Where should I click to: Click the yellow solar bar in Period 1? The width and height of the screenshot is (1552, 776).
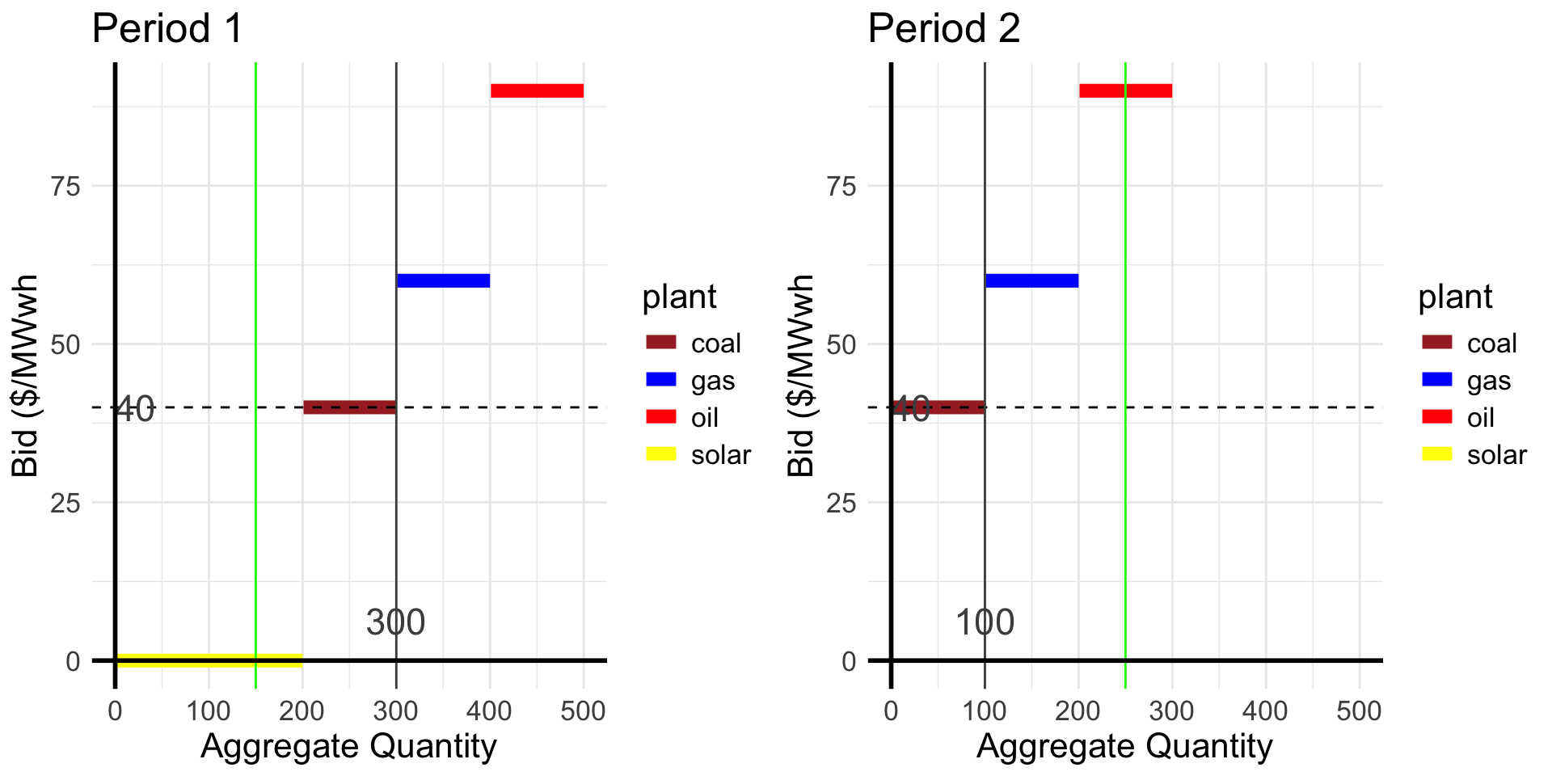[209, 660]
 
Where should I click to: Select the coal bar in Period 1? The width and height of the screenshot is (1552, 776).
[349, 407]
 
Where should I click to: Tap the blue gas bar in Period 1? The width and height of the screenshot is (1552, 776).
[443, 280]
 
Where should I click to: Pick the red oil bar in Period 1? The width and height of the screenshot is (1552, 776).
[537, 91]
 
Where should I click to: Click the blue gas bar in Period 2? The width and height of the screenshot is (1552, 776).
[1031, 280]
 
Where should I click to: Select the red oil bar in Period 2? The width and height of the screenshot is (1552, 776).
[1125, 91]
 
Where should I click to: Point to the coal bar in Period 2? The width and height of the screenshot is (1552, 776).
[938, 407]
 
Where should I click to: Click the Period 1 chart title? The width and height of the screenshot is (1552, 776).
[167, 29]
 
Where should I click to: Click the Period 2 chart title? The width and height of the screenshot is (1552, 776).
[943, 29]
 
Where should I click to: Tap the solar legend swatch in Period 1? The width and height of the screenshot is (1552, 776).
[660, 453]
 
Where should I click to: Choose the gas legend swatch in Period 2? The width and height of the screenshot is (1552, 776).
[1436, 379]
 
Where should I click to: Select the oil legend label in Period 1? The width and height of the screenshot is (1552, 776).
[705, 417]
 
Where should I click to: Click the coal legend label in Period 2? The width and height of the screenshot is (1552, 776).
[1491, 343]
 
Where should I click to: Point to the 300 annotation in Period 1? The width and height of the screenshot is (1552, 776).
[395, 622]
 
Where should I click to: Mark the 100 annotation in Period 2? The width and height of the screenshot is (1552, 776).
[985, 622]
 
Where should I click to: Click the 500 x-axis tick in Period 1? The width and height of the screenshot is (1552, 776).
[583, 711]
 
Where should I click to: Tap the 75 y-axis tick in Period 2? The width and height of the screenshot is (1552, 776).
[842, 186]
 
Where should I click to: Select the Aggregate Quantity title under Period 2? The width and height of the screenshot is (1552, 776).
[1124, 745]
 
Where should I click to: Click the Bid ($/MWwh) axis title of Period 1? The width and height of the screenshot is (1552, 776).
[26, 376]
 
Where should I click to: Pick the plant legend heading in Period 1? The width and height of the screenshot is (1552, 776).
[679, 297]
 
